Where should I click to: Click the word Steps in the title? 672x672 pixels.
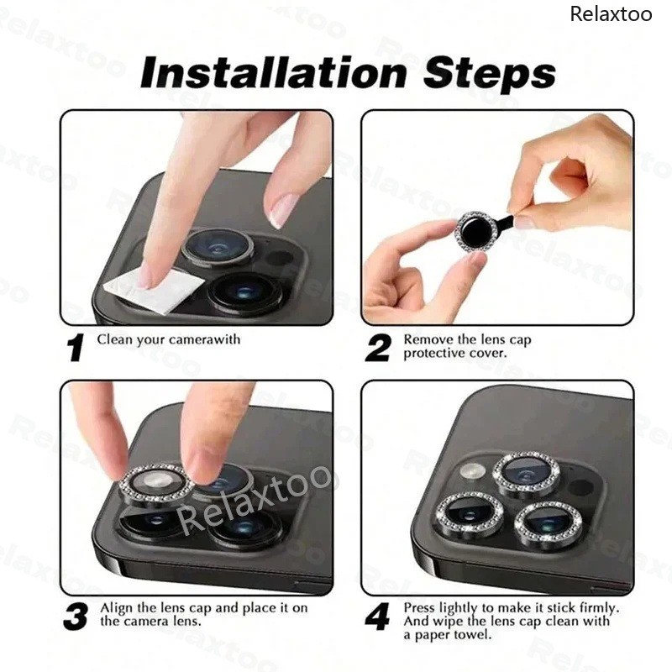490,73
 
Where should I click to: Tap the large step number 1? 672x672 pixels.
76,348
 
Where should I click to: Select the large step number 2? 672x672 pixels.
378,348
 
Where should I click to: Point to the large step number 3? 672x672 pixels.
76,617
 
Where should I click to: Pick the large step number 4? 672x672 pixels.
377,617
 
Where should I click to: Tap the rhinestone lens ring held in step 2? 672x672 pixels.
475,232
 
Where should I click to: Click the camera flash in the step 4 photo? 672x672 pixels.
473,471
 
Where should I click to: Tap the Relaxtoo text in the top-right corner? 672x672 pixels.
612,14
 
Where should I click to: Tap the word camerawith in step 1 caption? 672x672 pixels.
204,339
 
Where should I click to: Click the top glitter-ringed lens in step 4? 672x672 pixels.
527,475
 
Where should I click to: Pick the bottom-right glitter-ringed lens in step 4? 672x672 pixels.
549,526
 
